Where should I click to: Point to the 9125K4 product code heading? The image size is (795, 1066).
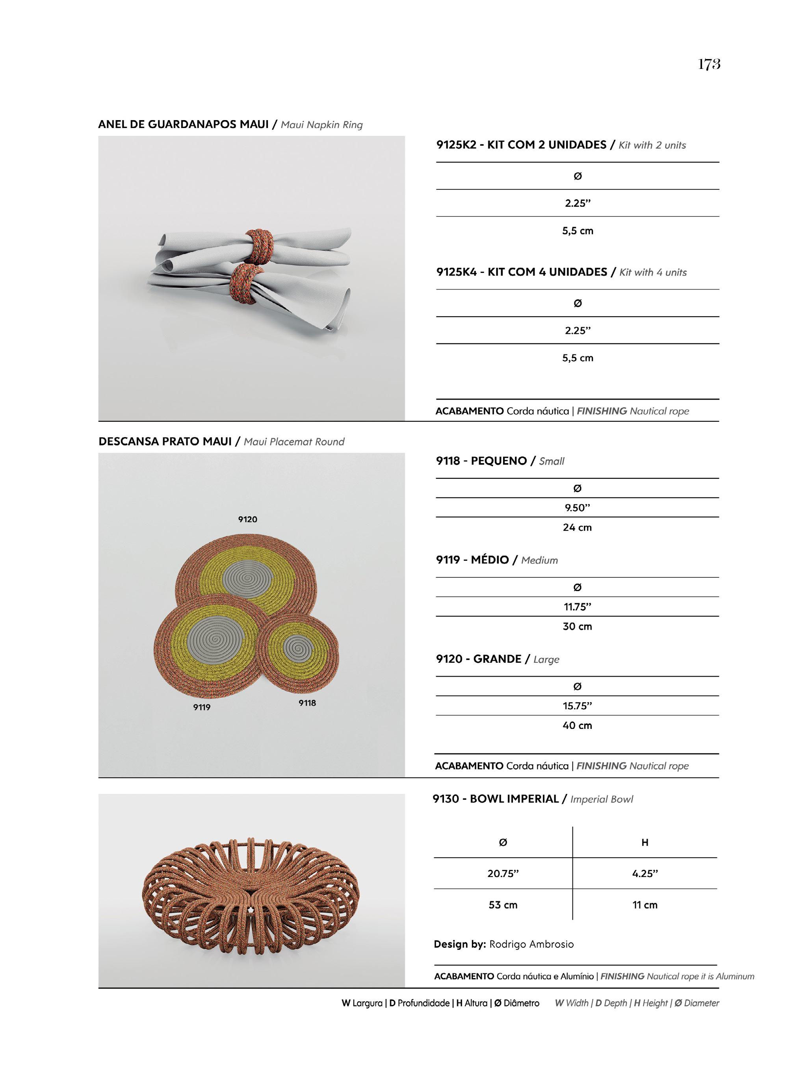tap(456, 272)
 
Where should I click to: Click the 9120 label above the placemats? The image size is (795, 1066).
tap(247, 519)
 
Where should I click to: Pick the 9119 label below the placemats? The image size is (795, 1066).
tap(202, 707)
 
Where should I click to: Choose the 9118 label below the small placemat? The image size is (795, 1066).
tap(307, 703)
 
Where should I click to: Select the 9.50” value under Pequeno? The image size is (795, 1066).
tap(577, 508)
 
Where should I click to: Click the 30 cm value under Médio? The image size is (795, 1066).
tap(577, 626)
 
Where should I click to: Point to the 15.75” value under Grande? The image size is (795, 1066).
tap(577, 706)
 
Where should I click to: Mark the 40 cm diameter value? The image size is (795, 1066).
tap(577, 725)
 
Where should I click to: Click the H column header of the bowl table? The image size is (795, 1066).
tap(645, 842)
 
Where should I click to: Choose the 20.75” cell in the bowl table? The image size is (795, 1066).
tap(503, 873)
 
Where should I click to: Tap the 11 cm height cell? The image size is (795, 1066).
tap(645, 905)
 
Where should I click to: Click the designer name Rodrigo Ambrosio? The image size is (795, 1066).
tap(531, 944)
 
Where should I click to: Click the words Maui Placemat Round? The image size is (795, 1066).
tap(294, 441)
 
